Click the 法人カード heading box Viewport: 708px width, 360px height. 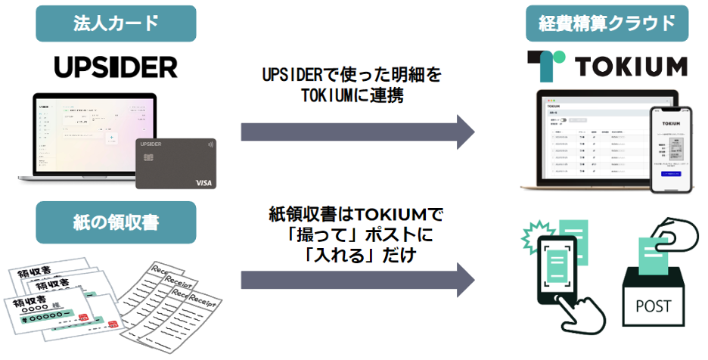click(116, 23)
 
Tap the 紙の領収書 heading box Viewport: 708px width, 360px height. click(116, 222)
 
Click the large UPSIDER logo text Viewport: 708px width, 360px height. click(116, 67)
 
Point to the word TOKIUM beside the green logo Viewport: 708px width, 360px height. click(632, 67)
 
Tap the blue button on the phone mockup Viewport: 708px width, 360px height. click(672, 175)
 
